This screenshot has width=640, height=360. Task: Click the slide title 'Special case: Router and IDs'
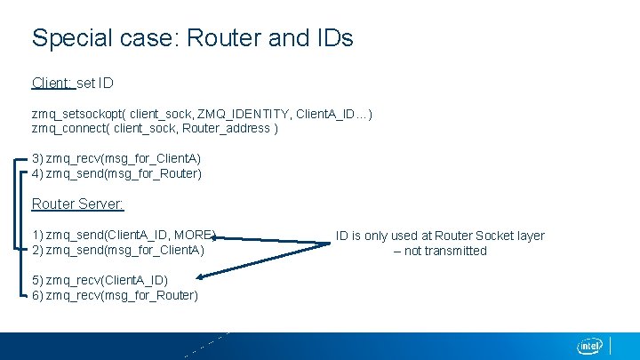[192, 38]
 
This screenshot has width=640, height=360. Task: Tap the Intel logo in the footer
[590, 346]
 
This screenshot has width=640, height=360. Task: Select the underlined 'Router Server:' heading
[77, 204]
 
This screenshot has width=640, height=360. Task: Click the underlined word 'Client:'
[52, 83]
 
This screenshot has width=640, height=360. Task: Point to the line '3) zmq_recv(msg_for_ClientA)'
[116, 158]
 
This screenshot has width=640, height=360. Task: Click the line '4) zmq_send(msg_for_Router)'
[116, 173]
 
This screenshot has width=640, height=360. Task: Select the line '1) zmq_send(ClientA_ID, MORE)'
[124, 236]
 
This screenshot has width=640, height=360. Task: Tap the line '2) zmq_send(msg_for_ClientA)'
[118, 251]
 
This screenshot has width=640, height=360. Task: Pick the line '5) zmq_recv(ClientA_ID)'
[100, 280]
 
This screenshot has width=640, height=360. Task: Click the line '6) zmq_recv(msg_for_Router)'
[115, 295]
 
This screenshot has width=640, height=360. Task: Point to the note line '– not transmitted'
[441, 251]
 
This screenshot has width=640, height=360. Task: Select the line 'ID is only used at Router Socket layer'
[440, 236]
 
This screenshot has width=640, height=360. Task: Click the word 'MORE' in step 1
[193, 236]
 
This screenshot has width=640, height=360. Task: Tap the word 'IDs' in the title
[334, 38]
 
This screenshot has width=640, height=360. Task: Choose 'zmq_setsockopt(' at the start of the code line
[78, 114]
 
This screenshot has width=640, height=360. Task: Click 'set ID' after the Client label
[95, 83]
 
